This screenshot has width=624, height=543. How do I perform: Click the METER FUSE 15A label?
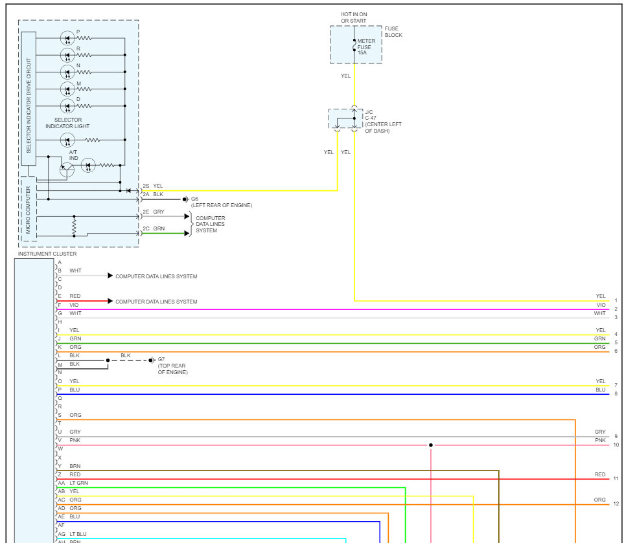[x=366, y=47]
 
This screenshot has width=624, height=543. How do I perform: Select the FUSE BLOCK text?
[x=393, y=32]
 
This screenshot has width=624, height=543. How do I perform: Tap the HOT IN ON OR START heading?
[x=353, y=17]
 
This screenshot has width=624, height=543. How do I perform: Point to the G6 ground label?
[x=194, y=199]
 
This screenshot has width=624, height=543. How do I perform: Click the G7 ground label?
[x=161, y=360]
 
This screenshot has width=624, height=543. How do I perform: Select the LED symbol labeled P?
[x=67, y=38]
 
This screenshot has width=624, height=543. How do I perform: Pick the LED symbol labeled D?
[x=67, y=106]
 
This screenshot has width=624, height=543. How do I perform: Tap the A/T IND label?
[x=73, y=155]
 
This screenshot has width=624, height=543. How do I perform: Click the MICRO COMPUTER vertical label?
[x=28, y=209]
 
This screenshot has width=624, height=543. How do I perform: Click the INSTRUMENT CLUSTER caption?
[x=47, y=254]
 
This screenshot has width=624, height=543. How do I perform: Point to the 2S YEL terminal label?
[x=153, y=186]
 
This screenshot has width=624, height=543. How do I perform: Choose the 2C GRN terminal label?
[x=154, y=228]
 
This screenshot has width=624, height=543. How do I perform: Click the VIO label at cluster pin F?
[x=74, y=304]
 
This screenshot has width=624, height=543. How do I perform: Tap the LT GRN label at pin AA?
[x=78, y=483]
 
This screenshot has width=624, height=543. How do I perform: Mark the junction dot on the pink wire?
[x=431, y=445]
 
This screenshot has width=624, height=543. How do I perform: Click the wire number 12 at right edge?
[x=616, y=504]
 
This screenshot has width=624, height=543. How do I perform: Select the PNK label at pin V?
[x=75, y=440]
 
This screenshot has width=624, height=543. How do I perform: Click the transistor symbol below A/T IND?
[x=67, y=170]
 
